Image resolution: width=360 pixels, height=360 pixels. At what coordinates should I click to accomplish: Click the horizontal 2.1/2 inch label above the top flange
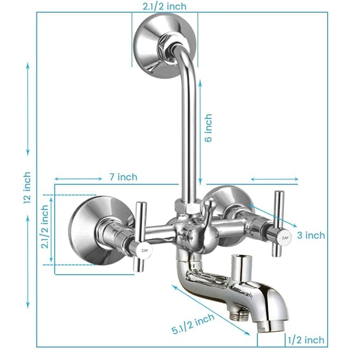pos(164,6)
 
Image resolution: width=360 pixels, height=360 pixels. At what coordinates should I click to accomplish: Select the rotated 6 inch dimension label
pos(208,128)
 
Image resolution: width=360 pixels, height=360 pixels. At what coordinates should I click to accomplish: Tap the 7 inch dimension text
pos(123,177)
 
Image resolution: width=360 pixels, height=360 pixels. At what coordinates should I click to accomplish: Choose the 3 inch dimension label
pos(311,235)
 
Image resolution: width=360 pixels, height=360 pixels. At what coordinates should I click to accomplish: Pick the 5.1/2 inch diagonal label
pos(193,324)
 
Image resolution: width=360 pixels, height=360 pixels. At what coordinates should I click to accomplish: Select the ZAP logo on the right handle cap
pos(285,237)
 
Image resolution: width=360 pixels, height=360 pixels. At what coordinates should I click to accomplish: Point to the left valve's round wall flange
pos(95,229)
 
